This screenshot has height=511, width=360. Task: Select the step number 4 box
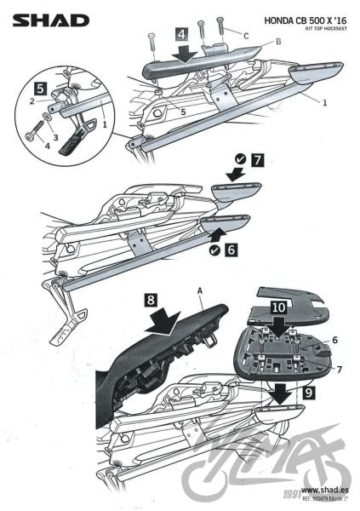[x=182, y=35]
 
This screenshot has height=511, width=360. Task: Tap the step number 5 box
[x=40, y=87]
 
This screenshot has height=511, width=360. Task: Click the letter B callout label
[x=254, y=40]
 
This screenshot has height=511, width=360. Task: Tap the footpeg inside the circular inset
[x=81, y=139]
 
